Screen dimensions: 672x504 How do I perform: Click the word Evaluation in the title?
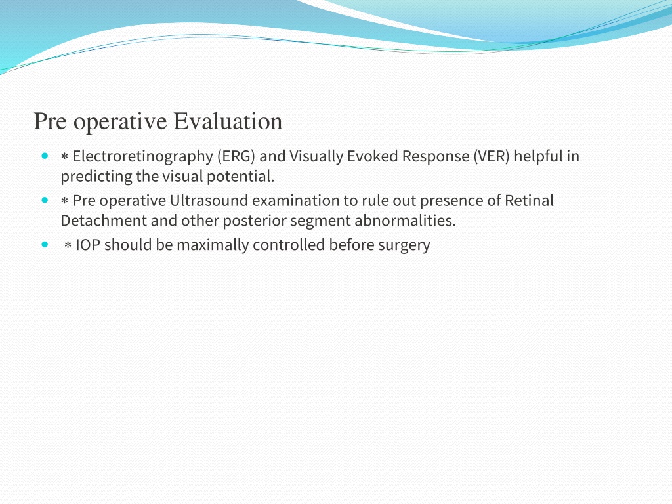228,121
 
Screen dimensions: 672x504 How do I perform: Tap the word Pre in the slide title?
50,121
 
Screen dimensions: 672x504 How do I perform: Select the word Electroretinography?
142,157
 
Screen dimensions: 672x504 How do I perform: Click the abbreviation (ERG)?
236,156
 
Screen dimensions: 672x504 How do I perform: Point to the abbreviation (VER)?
491,156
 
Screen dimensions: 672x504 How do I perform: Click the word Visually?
316,157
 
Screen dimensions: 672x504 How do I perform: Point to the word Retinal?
529,201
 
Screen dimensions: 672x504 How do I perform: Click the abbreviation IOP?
88,245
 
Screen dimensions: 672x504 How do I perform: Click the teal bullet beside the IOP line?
45,244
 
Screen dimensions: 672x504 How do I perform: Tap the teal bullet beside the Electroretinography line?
45,156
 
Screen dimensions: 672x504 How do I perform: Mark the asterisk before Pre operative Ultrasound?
65,201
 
